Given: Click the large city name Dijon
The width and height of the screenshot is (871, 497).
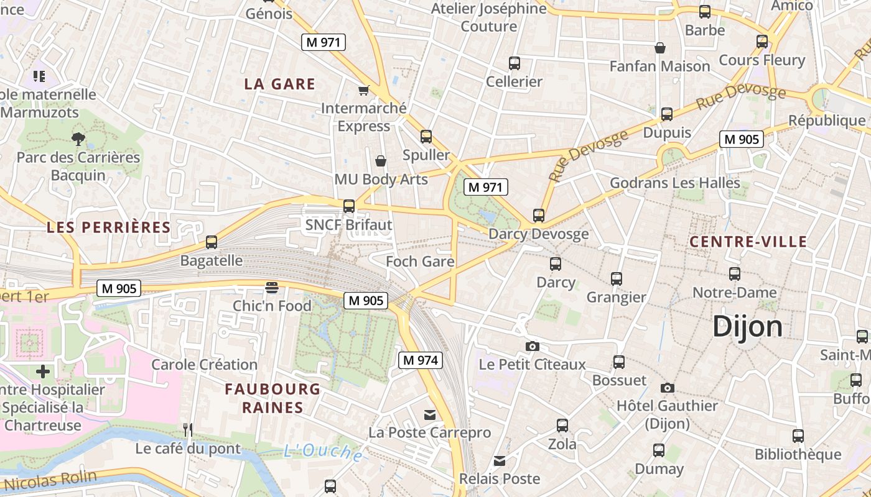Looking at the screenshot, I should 747,326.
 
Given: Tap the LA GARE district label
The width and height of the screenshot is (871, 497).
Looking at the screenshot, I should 279,84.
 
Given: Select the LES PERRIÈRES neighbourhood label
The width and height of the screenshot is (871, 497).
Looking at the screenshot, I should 109,227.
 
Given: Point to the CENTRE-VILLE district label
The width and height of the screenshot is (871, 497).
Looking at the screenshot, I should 749,242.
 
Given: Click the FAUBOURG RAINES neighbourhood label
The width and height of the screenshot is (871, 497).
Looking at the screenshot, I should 272,398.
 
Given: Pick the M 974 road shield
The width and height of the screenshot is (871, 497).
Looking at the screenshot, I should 420,360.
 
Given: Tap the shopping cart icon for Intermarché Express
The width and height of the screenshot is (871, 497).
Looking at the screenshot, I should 364,90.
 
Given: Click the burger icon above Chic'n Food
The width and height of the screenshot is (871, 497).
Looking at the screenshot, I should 272,288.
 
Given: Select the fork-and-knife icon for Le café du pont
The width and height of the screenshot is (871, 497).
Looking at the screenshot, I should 188,429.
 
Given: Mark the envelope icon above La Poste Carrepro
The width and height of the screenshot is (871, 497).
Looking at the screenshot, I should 430,414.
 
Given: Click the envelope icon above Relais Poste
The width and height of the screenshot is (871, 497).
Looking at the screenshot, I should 499,461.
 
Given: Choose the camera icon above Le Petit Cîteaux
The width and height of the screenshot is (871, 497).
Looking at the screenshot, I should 533,346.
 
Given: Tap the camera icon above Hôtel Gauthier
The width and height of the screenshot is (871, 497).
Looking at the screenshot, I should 667,388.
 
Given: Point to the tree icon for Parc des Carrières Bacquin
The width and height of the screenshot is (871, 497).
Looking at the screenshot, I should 78,138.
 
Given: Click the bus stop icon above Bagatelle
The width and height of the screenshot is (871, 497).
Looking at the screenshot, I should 212,242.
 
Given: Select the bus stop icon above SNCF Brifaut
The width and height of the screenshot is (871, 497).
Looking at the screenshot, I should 349,206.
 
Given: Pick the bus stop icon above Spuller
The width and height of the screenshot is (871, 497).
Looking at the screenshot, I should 426,137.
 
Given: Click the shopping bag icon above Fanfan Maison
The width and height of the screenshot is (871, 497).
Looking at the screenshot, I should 660,48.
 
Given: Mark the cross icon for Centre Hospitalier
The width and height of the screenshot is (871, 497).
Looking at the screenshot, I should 43,372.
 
